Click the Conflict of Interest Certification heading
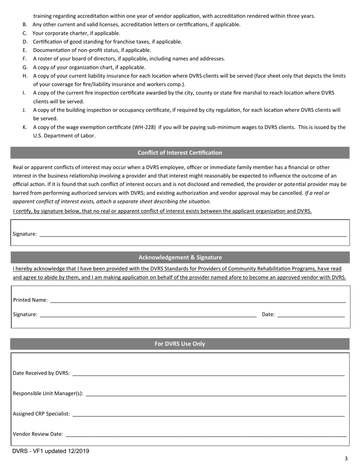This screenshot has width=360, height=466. (x=180, y=153)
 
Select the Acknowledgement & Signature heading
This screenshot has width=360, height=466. (x=180, y=257)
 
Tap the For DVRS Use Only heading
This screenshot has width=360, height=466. (x=180, y=344)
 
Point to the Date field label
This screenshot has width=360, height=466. (x=268, y=314)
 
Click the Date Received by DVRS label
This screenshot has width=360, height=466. (x=41, y=373)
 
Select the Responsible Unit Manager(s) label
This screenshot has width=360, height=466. (x=48, y=393)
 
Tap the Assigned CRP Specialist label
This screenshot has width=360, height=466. (x=41, y=414)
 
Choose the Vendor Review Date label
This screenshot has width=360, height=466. (x=38, y=434)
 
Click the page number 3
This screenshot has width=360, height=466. (x=346, y=458)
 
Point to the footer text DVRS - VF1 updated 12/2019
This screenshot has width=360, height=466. (x=51, y=451)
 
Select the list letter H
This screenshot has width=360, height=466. (x=25, y=76)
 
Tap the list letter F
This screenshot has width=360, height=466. (x=25, y=59)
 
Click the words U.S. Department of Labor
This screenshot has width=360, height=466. (x=64, y=136)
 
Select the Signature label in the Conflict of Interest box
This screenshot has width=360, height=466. (x=25, y=234)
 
